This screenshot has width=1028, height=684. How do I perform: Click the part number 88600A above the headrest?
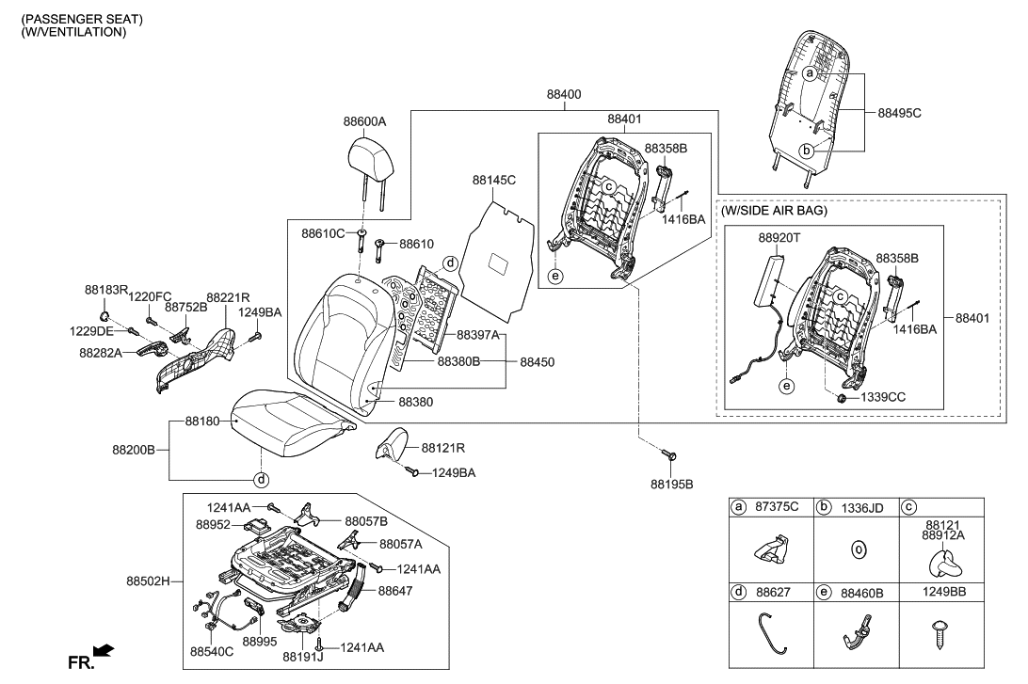(364, 122)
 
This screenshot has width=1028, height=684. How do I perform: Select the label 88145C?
(494, 179)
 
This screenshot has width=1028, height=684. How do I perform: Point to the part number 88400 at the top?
(564, 95)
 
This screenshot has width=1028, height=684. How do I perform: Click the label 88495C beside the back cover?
(899, 112)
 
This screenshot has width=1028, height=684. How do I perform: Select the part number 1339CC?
(883, 397)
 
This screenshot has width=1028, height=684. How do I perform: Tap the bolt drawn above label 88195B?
(670, 455)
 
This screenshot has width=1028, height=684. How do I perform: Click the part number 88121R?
(444, 448)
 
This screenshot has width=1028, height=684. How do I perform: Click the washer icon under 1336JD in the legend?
(858, 549)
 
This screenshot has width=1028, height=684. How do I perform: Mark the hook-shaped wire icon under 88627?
(773, 628)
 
